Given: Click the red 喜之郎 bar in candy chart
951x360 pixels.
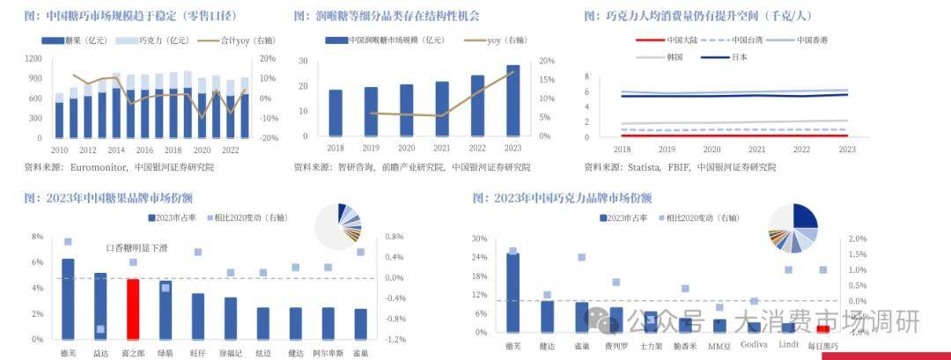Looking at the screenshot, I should (133, 309).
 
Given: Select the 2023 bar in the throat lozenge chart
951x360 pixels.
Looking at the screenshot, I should (512, 101).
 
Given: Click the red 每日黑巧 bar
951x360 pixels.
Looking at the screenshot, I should (822, 329).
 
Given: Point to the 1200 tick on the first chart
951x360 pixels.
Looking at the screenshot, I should (33, 58).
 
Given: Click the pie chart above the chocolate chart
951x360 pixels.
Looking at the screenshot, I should (794, 227).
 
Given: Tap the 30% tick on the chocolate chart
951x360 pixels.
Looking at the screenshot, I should (480, 239).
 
